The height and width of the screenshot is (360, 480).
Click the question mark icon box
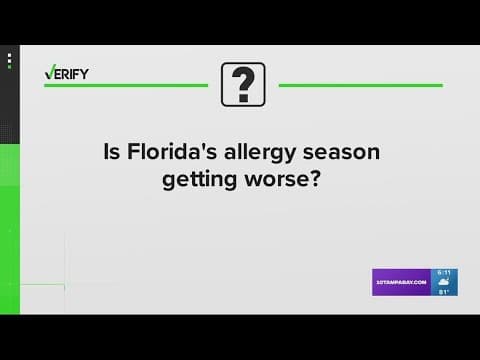[x=242, y=83]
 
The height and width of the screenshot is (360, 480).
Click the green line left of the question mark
[x=124, y=85]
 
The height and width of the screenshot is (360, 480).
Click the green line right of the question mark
[x=360, y=85]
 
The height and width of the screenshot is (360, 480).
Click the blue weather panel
[x=445, y=282]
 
